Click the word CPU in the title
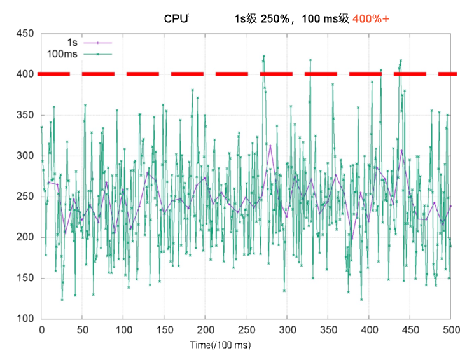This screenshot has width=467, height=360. (176, 18)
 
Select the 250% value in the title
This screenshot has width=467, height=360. (275, 18)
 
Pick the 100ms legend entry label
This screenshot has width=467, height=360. (62, 54)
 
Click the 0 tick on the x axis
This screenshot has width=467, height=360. (41, 330)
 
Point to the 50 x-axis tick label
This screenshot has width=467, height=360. (82, 330)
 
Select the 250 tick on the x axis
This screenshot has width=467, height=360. (246, 330)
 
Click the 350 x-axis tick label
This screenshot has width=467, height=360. (328, 330)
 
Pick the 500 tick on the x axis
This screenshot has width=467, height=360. (450, 330)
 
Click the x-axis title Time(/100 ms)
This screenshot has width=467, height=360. (221, 345)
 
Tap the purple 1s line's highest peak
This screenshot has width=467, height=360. (270, 146)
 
